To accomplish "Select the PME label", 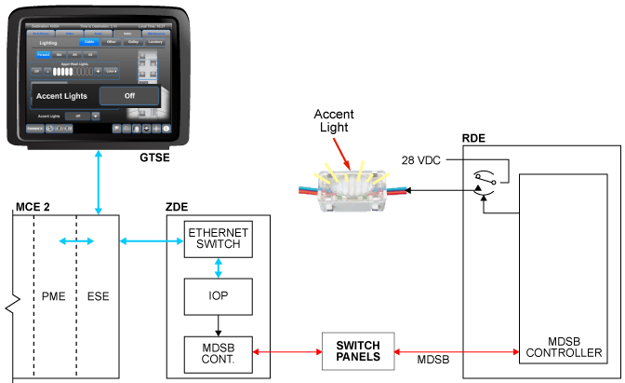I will click(x=54, y=298).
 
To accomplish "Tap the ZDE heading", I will click(x=180, y=206).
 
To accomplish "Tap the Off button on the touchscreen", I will click(x=129, y=95).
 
